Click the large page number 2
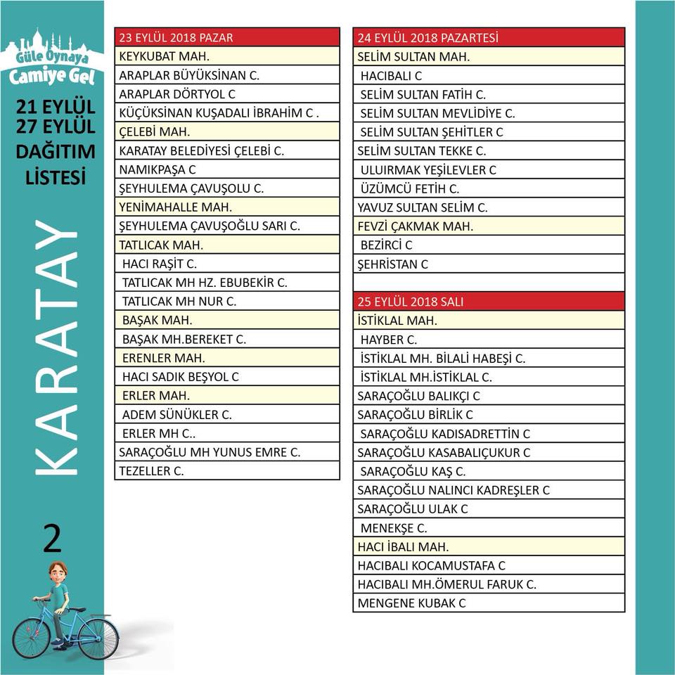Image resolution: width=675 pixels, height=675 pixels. click(52, 539)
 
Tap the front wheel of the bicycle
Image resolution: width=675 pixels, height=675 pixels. click(98, 638)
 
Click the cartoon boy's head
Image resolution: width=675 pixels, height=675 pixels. click(58, 573)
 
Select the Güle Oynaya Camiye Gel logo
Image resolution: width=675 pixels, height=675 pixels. click(52, 59)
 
